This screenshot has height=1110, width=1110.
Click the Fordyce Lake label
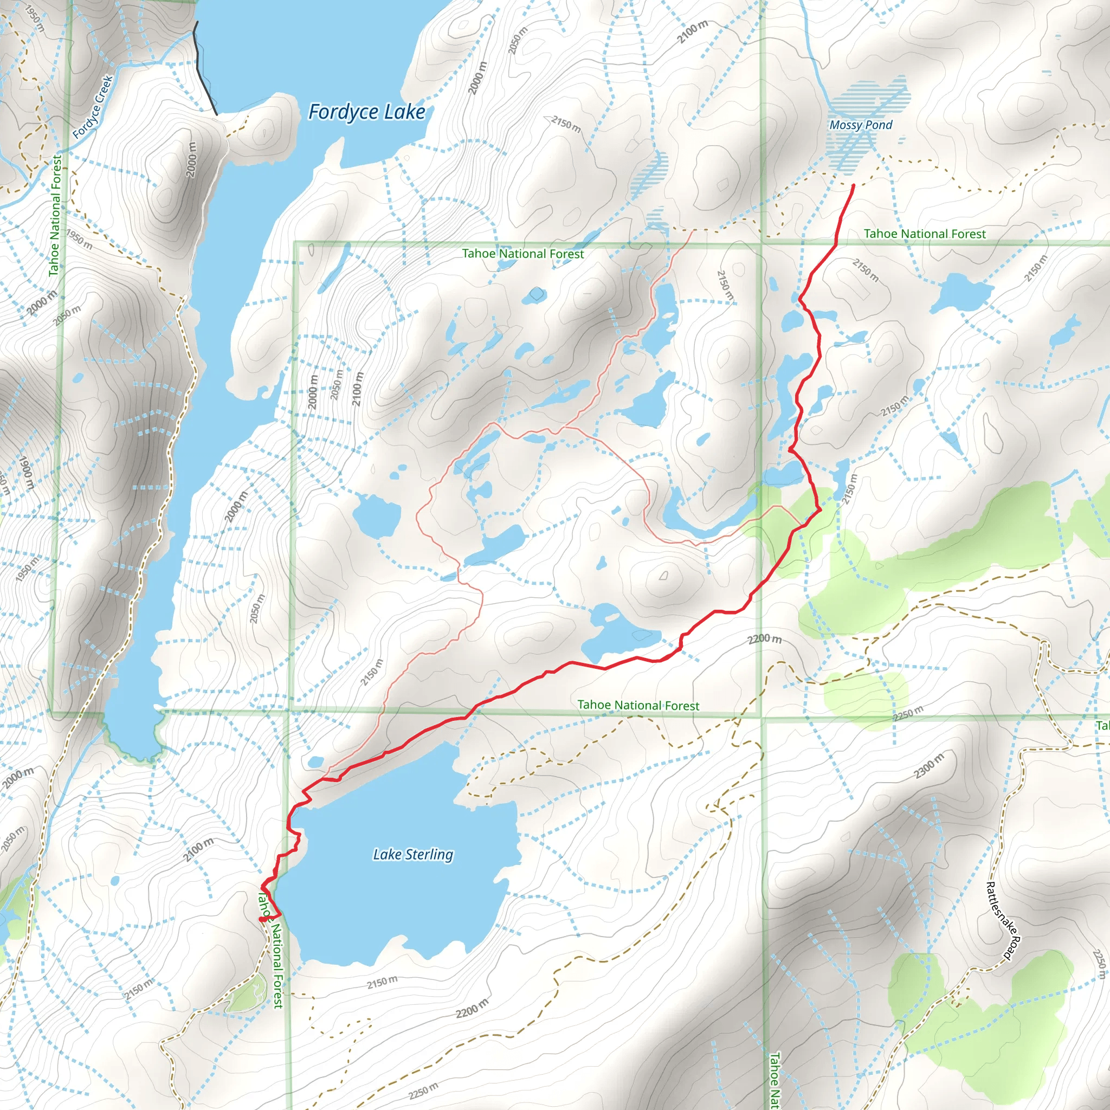pyautogui.click(x=366, y=112)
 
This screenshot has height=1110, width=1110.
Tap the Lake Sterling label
pyautogui.click(x=412, y=854)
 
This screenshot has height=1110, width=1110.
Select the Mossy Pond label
pyautogui.click(x=860, y=125)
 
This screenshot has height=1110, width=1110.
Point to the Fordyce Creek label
pyautogui.click(x=94, y=107)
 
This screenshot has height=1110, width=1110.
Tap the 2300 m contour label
pyautogui.click(x=928, y=766)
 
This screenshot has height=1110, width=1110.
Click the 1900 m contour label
pyautogui.click(x=26, y=472)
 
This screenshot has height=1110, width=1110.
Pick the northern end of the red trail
pyautogui.click(x=853, y=185)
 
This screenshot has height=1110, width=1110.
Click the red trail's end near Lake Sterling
pyautogui.click(x=261, y=920)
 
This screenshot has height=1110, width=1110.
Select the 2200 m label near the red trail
pyautogui.click(x=764, y=639)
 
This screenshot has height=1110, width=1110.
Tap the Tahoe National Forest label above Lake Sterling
pyautogui.click(x=638, y=705)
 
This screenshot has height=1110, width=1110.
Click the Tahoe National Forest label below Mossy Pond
pyautogui.click(x=924, y=234)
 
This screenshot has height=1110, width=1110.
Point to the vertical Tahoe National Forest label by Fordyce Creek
pyautogui.click(x=55, y=216)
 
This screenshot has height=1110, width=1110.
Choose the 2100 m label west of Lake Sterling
pyautogui.click(x=198, y=850)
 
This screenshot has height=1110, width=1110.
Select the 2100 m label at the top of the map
pyautogui.click(x=692, y=32)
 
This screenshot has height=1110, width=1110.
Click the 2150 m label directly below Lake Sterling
pyautogui.click(x=382, y=982)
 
